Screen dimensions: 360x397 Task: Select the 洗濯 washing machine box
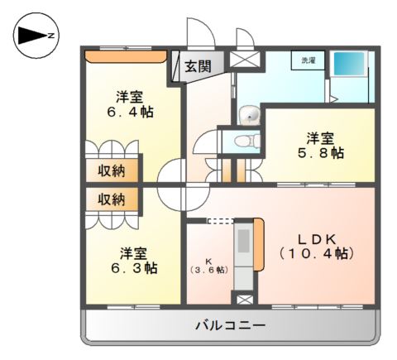click(308, 61)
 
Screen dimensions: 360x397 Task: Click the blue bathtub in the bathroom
click(347, 64)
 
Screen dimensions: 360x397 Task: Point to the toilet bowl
click(245, 141)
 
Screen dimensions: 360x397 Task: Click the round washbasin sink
click(248, 115)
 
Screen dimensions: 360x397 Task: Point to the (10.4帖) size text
click(317, 253)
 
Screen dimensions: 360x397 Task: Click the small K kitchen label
click(208, 261)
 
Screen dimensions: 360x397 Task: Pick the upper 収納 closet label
click(112, 171)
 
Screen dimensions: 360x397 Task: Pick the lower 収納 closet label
click(112, 199)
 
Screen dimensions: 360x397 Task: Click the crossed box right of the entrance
click(244, 60)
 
